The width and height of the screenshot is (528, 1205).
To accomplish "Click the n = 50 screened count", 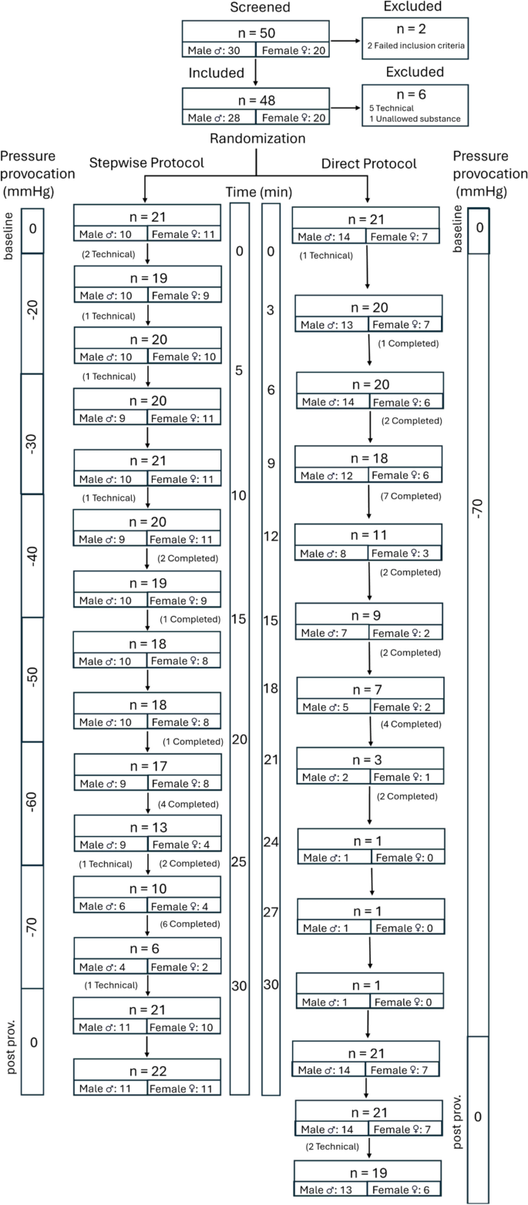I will coord(255,34).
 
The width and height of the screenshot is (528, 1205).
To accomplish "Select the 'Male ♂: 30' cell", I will coord(218,52).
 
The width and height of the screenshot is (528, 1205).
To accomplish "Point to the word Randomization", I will coord(255,139).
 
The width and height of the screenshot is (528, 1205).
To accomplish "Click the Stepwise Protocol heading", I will coord(146,163).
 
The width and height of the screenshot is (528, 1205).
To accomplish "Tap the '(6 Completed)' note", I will coord(190,924).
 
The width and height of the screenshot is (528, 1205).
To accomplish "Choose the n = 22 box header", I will coord(146,1071).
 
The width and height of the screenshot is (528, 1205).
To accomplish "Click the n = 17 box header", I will coord(146,766).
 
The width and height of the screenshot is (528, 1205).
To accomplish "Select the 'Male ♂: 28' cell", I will coord(218,118).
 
